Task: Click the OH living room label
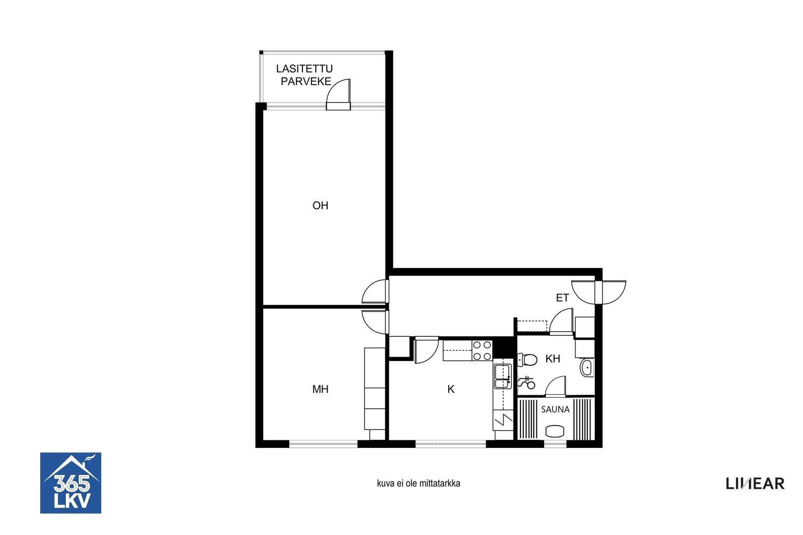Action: point(320,205)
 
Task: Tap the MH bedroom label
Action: point(320,389)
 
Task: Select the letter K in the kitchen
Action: point(451,389)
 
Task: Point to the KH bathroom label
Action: point(552,359)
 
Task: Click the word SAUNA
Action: point(555,409)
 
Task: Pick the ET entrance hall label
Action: point(562,298)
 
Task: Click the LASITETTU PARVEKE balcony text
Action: point(305,75)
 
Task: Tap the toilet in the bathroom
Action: point(527,360)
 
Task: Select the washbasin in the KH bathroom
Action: point(587,367)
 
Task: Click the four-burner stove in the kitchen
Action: point(482,350)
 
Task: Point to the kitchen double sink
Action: point(503,376)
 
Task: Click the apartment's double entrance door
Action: point(599,292)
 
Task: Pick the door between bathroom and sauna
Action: point(555,386)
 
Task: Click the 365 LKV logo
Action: point(70,483)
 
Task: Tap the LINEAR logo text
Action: point(755,484)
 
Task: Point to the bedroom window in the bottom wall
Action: point(323,444)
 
